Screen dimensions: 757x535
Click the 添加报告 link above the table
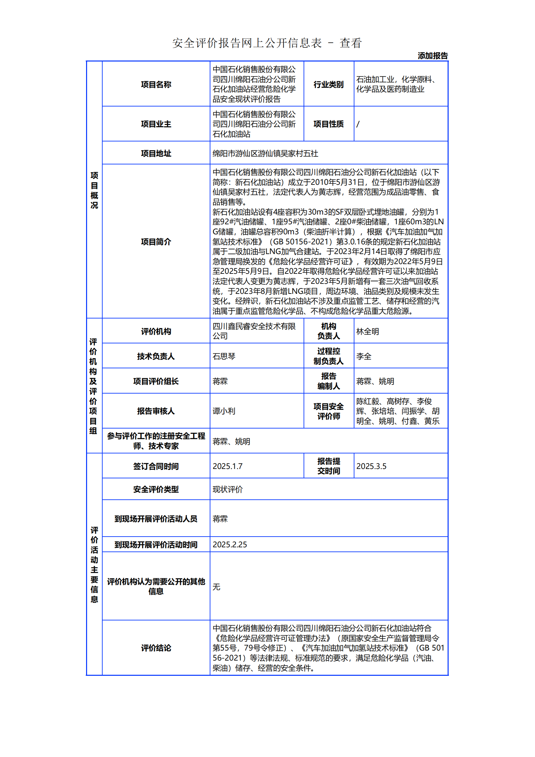tap(432, 56)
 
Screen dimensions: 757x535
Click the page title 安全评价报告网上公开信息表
tap(247, 43)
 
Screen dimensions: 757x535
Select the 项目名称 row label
tap(156, 84)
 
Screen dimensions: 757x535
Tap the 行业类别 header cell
tap(328, 84)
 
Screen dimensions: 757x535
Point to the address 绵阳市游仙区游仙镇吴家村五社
tap(265, 153)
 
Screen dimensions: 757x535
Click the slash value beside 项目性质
tap(358, 124)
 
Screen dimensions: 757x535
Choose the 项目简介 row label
tap(156, 242)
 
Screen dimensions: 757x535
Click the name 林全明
tap(368, 331)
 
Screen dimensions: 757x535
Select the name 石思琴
tap(224, 356)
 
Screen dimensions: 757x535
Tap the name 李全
tap(363, 356)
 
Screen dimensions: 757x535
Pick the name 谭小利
tap(224, 411)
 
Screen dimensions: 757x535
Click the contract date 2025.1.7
tap(228, 466)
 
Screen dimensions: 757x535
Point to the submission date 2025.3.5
tap(371, 466)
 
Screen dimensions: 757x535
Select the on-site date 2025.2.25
tap(230, 545)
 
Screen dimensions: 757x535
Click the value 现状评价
tap(228, 489)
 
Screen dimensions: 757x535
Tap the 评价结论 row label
tap(156, 648)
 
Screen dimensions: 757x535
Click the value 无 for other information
tap(217, 586)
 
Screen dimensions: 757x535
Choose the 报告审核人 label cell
tap(156, 411)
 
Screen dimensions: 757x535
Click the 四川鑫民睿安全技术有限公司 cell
tap(254, 331)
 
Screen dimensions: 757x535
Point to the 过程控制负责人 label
tap(328, 356)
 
